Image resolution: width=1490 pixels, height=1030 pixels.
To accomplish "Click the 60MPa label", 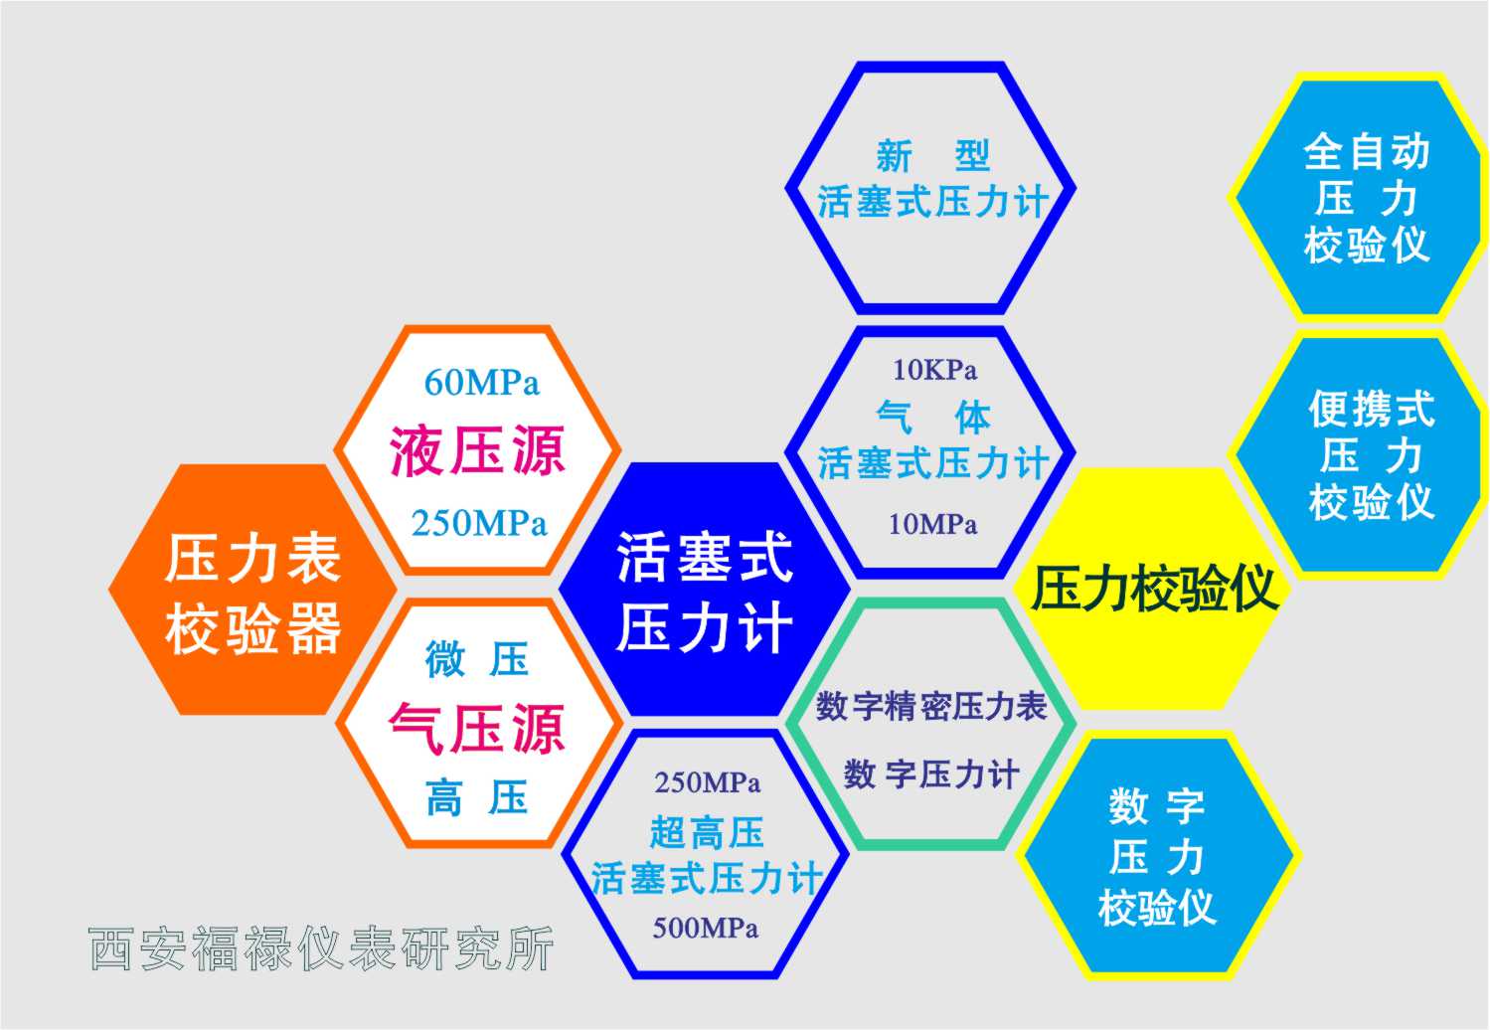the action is pos(481,383).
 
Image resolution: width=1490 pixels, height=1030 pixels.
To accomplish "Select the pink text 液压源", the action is pos(477,451).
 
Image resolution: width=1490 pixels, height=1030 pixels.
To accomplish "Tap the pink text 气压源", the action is pos(477,729).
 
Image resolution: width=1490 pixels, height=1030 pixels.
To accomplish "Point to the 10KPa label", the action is pos(934,370).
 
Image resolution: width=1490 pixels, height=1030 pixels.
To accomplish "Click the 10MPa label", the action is pos(933,524).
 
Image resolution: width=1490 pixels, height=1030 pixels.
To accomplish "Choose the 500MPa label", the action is pos(705,928).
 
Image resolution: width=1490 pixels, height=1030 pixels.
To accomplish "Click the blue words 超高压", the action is pos(707,832).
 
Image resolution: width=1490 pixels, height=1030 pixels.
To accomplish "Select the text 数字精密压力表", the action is pos(931,706).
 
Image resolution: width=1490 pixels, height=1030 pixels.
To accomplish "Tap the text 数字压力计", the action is pos(931,774).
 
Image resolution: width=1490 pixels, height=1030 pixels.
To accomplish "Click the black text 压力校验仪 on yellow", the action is pos(1154,589).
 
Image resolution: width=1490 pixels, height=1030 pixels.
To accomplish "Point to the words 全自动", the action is pos(1367,152).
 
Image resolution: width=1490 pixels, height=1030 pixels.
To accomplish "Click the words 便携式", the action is pos(1372,408).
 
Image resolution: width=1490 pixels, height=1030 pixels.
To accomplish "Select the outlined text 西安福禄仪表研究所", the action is pos(321,948).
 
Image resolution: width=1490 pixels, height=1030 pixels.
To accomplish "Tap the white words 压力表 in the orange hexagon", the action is pos(252,559).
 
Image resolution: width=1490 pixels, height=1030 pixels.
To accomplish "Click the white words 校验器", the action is pos(252,628).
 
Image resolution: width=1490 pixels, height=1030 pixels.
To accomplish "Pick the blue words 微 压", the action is pos(477,659).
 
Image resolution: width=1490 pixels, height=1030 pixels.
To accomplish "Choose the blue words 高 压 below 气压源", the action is pos(477,797).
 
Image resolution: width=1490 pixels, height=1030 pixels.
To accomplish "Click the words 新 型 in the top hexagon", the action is pos(933,156).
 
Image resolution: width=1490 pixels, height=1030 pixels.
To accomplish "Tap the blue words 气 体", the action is pos(933,418).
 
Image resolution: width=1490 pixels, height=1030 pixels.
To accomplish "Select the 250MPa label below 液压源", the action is pos(479,523).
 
